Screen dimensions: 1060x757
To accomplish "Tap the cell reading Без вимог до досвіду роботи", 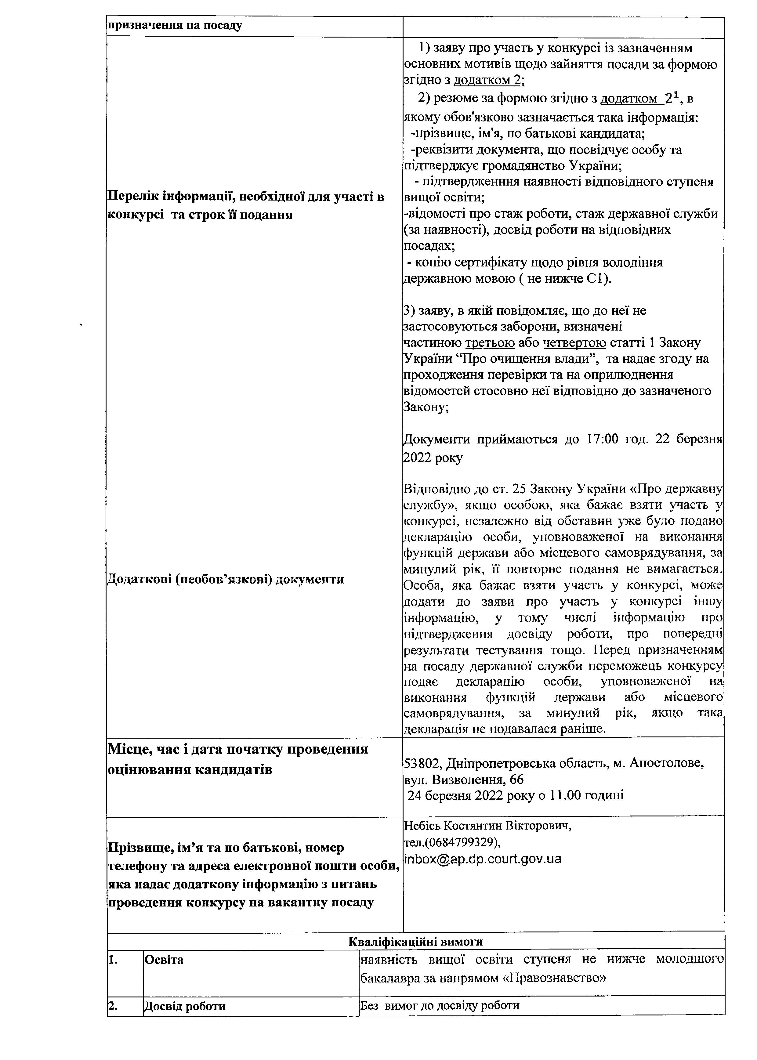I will click(x=440, y=1005).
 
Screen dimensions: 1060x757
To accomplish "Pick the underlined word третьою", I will click(x=490, y=343).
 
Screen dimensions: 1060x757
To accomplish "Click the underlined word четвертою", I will click(x=574, y=343).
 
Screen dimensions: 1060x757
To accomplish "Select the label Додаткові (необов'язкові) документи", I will click(x=226, y=579).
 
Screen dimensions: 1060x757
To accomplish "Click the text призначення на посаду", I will click(x=175, y=26).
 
